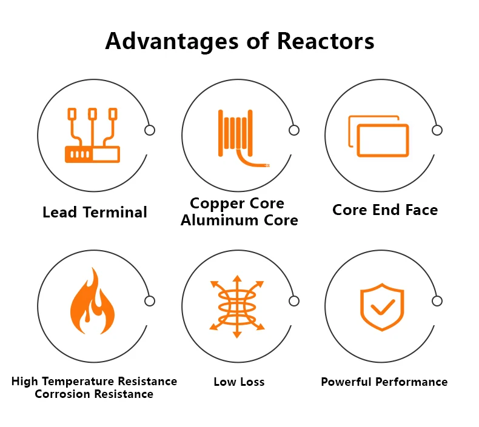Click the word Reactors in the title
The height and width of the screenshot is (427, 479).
coord(326,41)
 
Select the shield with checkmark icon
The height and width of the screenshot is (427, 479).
coord(381,307)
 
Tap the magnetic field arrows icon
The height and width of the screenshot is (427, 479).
coord(237,306)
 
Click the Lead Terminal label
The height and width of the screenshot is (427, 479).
coord(95,213)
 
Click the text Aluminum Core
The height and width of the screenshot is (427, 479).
coord(239,220)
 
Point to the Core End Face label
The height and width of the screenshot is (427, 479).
coord(385,210)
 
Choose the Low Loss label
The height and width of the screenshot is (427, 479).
coord(239,382)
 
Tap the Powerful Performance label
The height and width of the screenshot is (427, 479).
coord(384,382)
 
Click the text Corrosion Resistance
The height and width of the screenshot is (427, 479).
coord(94,394)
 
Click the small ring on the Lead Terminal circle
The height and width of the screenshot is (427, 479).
coord(150,130)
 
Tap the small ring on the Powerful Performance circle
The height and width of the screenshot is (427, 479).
coord(437,301)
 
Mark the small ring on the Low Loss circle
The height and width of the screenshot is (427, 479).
coord(294,301)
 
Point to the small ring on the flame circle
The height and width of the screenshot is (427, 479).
coord(150,301)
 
